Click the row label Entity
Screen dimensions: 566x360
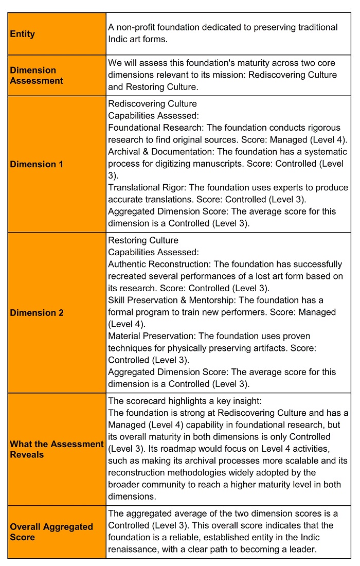pos(23,34)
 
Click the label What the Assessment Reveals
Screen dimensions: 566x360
pos(57,449)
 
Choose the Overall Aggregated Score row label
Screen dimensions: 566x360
pos(51,532)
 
